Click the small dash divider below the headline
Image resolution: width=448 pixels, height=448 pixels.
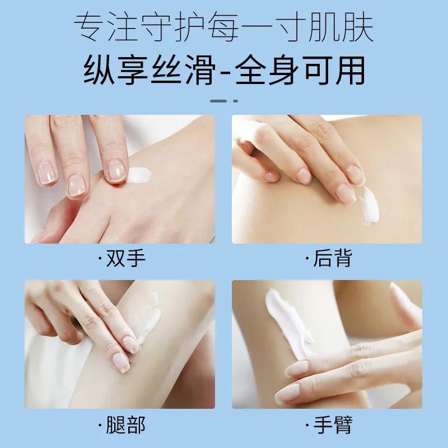(223, 101)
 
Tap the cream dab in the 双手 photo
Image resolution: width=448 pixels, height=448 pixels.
(140, 176)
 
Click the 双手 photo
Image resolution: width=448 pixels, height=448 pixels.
(119, 179)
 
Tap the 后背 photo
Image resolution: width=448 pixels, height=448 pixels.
(327, 179)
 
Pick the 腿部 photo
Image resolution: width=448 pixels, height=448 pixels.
(119, 344)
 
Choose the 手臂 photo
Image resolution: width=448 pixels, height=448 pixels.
(327, 344)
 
